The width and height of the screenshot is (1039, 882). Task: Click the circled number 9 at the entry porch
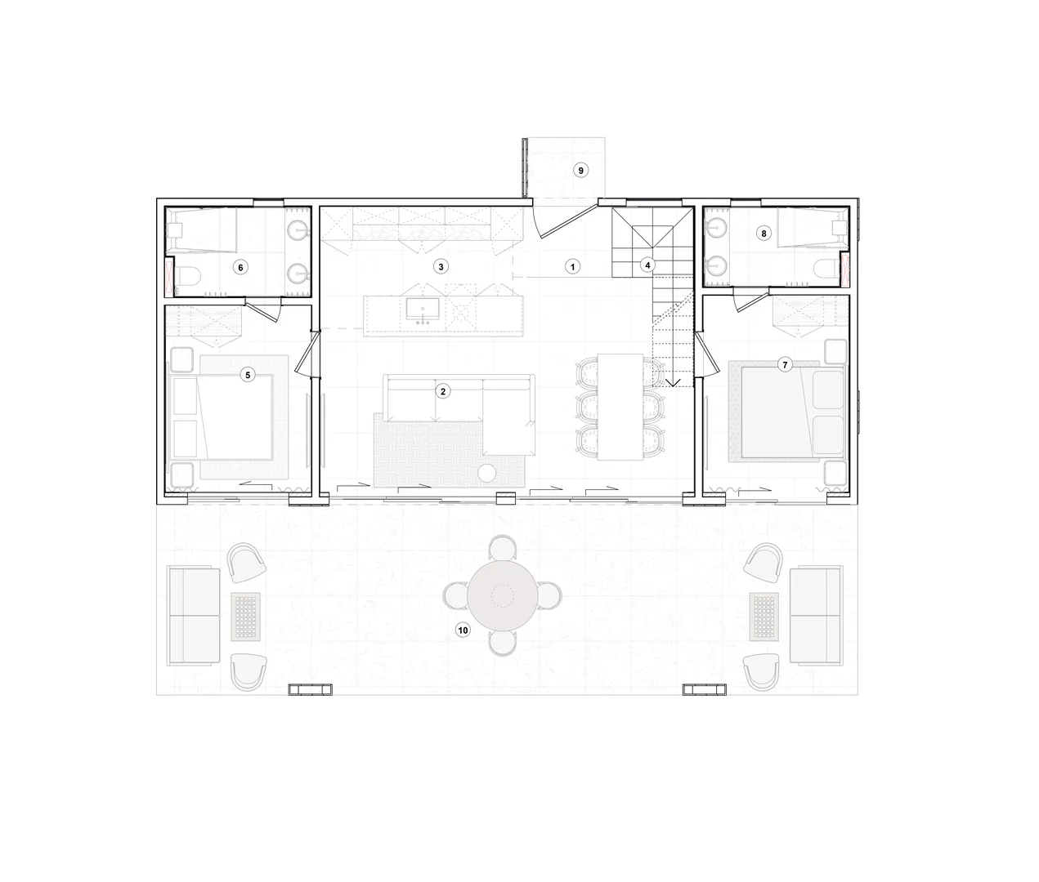[x=580, y=170]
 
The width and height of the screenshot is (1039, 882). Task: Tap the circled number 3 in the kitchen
[x=441, y=266]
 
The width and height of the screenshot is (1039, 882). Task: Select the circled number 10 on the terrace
[x=463, y=630]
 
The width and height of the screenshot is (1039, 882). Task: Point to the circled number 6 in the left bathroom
[x=240, y=268]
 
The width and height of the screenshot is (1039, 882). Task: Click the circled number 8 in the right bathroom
[x=764, y=233]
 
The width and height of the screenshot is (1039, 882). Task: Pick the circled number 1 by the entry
[x=572, y=266]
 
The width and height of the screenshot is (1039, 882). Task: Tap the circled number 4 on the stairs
[x=647, y=265]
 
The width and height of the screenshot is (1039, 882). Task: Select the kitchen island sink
[x=423, y=310]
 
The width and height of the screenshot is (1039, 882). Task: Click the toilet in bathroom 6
[x=188, y=275]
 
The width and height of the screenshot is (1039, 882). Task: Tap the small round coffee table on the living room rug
[x=487, y=473]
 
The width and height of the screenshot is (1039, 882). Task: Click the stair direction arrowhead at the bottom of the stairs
[x=673, y=383]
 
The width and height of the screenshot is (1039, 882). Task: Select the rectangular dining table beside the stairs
[x=620, y=407]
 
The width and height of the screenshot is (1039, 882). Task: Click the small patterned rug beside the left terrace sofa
[x=246, y=617]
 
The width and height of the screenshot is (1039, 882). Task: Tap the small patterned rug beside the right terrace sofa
[x=764, y=617]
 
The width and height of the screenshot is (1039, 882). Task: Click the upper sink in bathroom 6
[x=298, y=230]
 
